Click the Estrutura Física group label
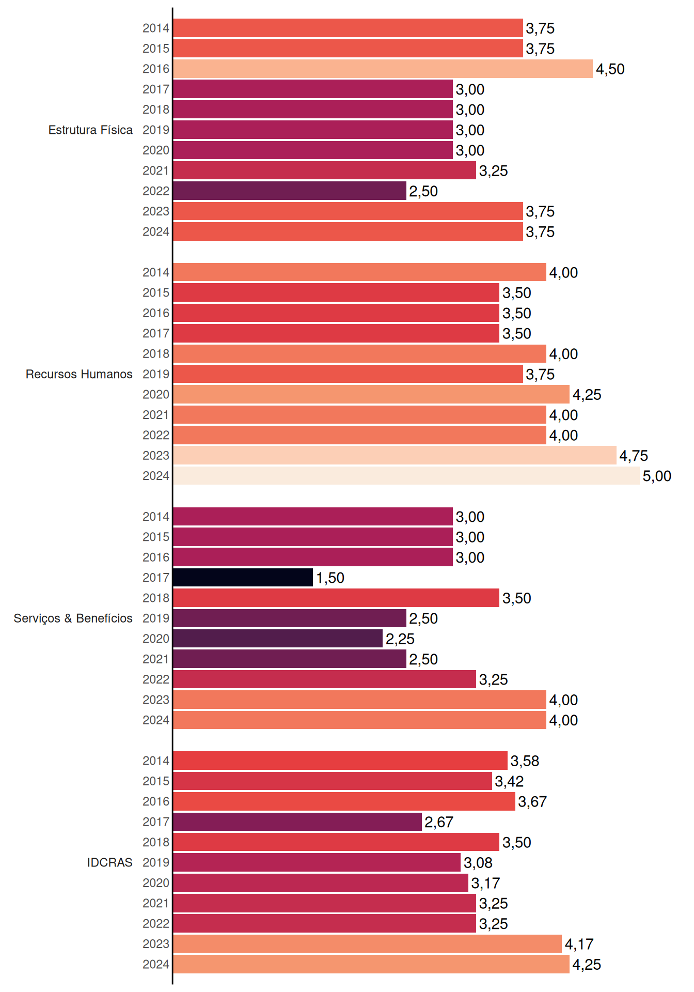90,130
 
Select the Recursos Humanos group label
79,374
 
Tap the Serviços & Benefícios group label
73,618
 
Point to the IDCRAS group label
109,862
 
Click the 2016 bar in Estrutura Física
383,69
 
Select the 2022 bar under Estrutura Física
290,191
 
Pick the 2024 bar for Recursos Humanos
406,476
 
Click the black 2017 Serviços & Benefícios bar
243,578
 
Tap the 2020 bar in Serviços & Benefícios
278,639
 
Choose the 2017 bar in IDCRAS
297,822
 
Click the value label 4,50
610,69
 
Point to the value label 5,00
657,476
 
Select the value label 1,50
330,578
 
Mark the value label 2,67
439,822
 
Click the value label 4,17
579,944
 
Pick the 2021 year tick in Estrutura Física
156,171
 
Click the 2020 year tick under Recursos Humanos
156,394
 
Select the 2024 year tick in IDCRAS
156,964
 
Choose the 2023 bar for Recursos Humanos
395,455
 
